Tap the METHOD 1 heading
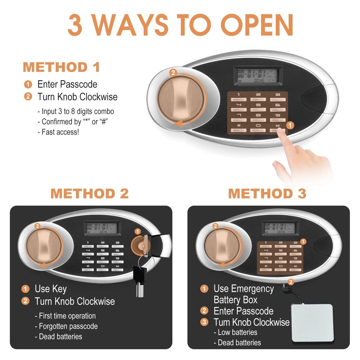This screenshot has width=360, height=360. (61, 67)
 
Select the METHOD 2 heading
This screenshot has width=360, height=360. (89, 193)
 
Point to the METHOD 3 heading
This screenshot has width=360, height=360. (267, 193)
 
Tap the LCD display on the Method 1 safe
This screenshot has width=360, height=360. (258, 76)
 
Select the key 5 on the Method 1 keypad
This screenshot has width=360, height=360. (258, 107)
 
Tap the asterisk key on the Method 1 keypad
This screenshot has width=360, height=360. (239, 128)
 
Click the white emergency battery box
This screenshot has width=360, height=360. (312, 322)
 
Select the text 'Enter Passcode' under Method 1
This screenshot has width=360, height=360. (67, 84)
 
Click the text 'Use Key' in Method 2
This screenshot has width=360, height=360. (51, 289)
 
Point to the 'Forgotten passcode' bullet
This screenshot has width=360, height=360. (66, 326)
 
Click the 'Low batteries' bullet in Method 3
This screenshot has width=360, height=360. (235, 332)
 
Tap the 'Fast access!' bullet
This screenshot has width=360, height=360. (58, 132)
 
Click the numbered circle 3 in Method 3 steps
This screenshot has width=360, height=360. (204, 322)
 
